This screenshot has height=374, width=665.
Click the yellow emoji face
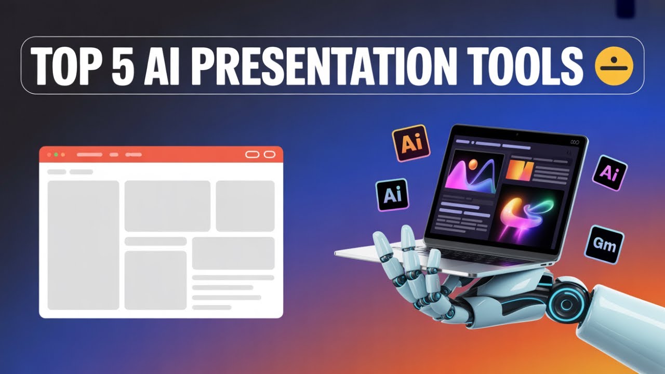614,66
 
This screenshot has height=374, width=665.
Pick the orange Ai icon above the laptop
411,143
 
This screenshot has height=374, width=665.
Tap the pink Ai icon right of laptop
609,173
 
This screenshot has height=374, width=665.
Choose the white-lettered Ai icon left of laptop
392,195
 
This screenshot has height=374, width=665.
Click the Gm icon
604,244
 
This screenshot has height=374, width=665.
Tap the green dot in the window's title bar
56,155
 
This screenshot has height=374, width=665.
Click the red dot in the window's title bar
49,155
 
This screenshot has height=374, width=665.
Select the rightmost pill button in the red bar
269,154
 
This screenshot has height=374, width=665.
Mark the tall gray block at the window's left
83,245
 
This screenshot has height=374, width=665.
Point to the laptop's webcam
517,135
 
